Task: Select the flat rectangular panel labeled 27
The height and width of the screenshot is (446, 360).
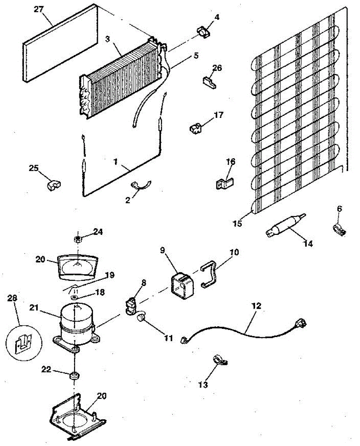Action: click(60, 43)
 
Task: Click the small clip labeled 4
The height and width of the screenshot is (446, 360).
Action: click(203, 32)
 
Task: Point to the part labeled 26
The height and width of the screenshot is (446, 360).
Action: click(209, 82)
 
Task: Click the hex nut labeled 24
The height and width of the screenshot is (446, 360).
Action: click(78, 239)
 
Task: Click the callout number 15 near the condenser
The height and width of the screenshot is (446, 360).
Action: click(237, 223)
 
